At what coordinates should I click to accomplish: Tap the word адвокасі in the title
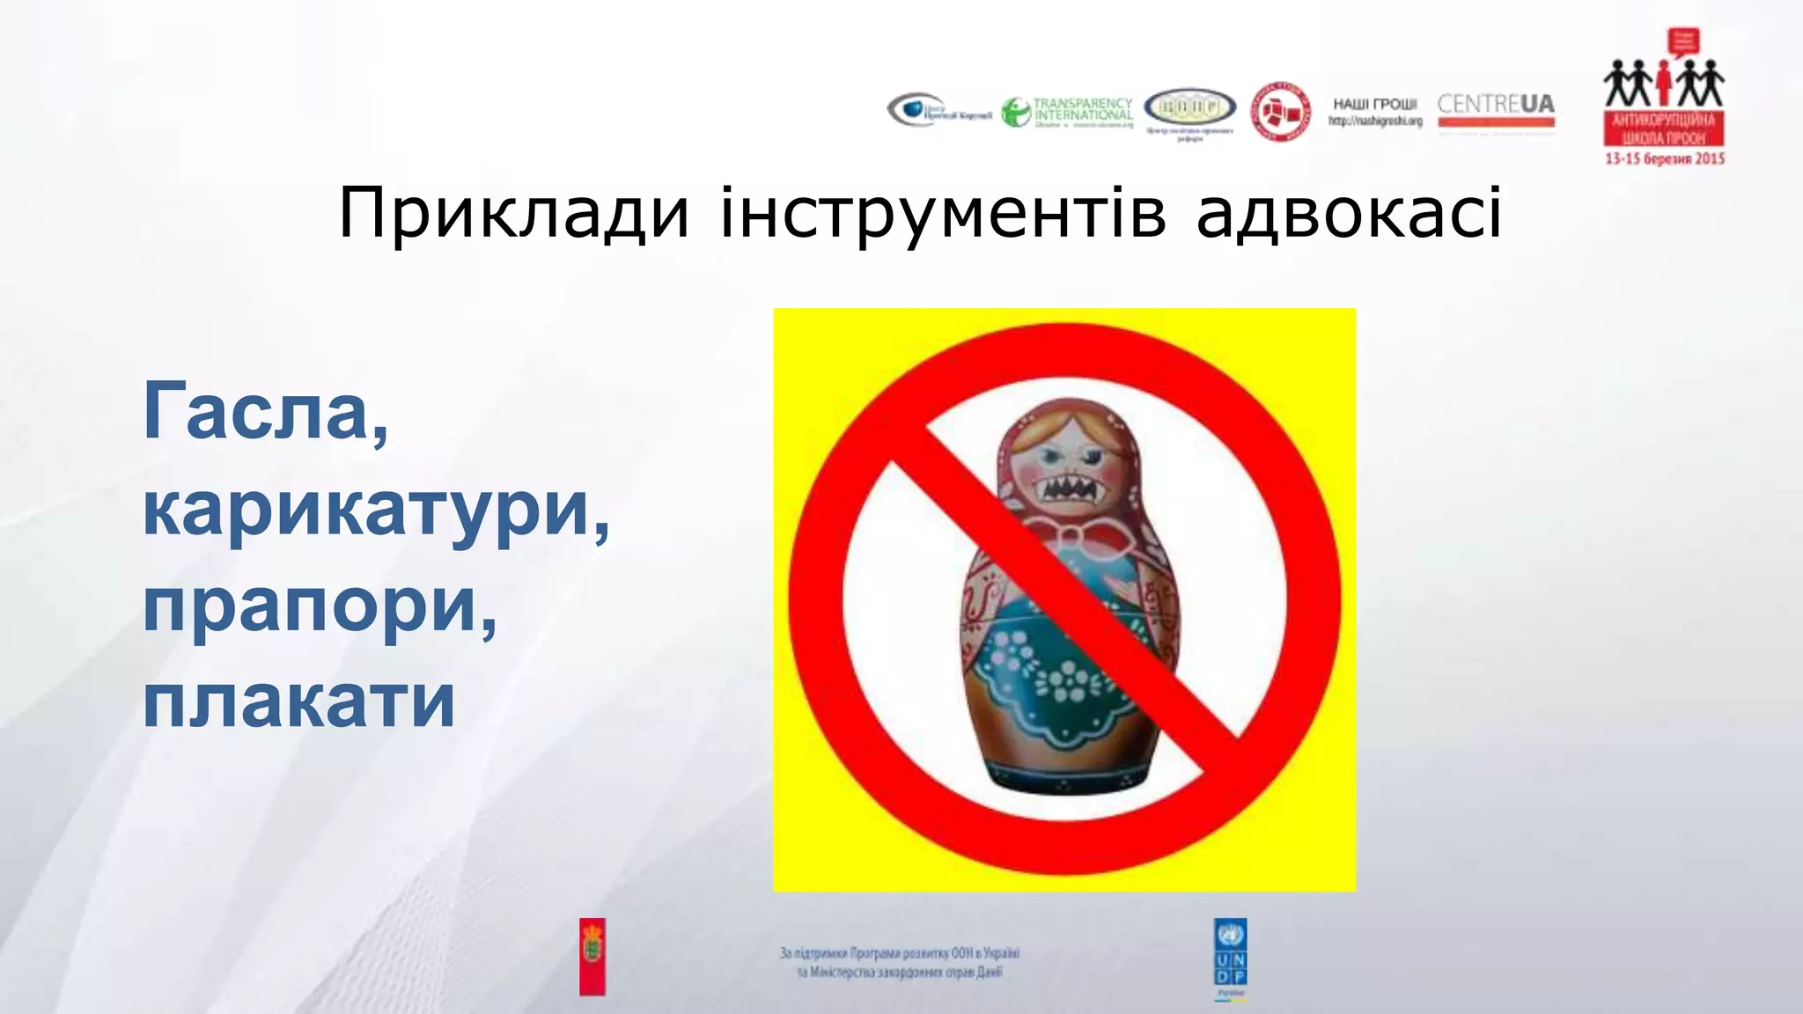point(1349,213)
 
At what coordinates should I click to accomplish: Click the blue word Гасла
point(264,412)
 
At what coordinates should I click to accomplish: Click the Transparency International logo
point(1067,113)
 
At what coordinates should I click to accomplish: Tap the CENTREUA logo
point(1496,111)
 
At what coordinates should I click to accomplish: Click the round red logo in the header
point(1280,112)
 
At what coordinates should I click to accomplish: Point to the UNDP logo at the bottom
point(1230,958)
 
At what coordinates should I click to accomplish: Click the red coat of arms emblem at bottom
point(592,957)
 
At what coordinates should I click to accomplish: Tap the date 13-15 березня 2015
point(1664,159)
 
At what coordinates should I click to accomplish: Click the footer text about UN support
point(900,963)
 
